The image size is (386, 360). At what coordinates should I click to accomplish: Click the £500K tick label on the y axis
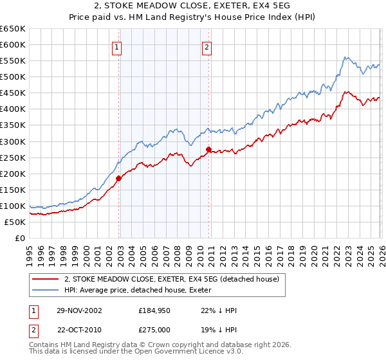[x=13, y=77]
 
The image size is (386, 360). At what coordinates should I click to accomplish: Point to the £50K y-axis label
[x=15, y=222]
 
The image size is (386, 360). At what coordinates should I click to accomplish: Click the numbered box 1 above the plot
[x=117, y=47]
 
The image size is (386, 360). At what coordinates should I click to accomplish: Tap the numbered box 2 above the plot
[x=207, y=47]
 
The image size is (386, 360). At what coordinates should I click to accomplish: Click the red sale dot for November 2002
[x=119, y=178]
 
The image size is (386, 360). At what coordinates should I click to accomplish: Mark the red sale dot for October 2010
[x=208, y=149]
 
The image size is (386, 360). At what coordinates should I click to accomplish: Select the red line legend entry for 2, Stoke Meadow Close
[x=171, y=279]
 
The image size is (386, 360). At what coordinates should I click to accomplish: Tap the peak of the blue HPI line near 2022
[x=345, y=58]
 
